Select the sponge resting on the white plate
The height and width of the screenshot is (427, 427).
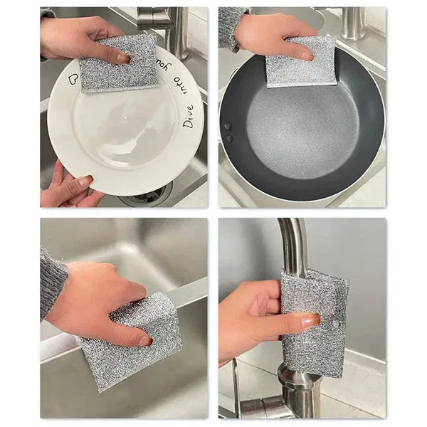click(119, 64)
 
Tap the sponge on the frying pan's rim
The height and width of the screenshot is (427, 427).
click(301, 63)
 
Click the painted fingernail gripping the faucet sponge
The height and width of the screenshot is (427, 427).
click(311, 321)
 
